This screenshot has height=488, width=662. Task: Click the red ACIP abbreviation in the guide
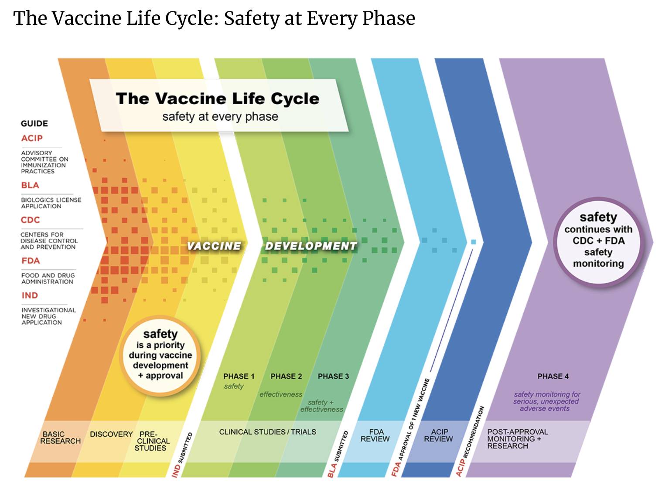point(32,138)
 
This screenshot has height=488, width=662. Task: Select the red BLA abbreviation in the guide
point(30,185)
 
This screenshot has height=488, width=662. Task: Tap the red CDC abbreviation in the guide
point(30,220)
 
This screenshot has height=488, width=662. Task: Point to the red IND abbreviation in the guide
point(30,295)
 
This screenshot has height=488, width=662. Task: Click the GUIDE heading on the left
point(34,123)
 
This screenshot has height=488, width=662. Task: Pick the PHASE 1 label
point(239,376)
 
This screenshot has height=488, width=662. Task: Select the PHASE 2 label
point(286,376)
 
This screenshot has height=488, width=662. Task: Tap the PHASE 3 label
point(333,376)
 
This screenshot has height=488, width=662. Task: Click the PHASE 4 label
point(553,376)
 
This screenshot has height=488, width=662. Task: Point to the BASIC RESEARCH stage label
point(61,437)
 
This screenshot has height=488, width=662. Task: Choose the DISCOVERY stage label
point(111,434)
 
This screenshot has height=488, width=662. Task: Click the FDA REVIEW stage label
point(375,436)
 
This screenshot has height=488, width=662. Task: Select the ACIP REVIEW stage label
point(438,436)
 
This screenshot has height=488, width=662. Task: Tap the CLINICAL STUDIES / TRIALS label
point(267,432)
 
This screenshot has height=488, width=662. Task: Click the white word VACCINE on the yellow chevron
point(214,246)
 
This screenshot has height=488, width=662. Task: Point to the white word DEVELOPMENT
point(311,246)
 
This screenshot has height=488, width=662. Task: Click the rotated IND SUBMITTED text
point(182,454)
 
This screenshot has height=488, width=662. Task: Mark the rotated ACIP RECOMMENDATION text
point(470,441)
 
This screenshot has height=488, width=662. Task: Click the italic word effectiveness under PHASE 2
point(281,394)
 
